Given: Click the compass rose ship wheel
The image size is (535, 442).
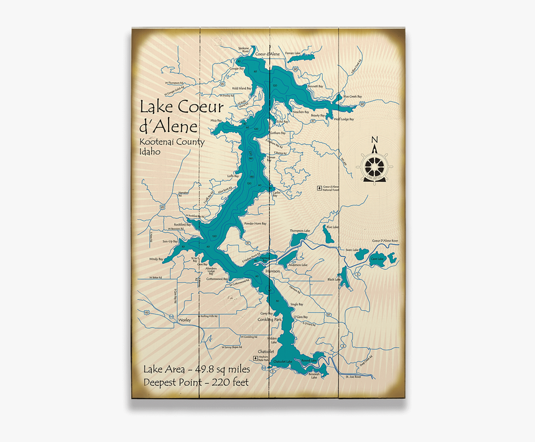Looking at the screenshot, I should (x=374, y=167).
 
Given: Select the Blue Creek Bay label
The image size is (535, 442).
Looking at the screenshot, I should (x=352, y=96).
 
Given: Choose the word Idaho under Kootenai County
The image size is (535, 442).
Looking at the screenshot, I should (x=150, y=152).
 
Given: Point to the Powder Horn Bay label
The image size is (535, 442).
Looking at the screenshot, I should (x=255, y=223).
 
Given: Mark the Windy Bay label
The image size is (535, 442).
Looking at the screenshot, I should (x=156, y=258).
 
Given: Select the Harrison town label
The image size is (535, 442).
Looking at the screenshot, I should (x=272, y=272).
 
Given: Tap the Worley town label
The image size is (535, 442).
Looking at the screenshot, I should (x=184, y=319).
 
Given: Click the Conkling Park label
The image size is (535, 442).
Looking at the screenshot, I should (x=269, y=319).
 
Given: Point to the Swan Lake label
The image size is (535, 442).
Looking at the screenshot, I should (x=353, y=250).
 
